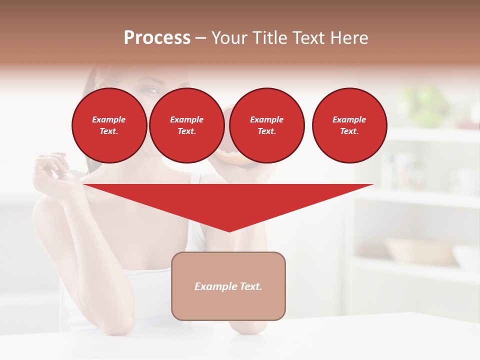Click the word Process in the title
click(x=157, y=38)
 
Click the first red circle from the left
click(x=109, y=125)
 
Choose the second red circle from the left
click(x=186, y=125)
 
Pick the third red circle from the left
click(x=266, y=125)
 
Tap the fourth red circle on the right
click(x=349, y=125)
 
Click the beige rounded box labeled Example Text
click(x=228, y=286)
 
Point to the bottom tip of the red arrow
click(x=229, y=231)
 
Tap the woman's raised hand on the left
click(x=50, y=170)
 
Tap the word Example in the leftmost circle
click(x=109, y=119)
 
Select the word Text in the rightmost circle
click(x=349, y=131)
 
